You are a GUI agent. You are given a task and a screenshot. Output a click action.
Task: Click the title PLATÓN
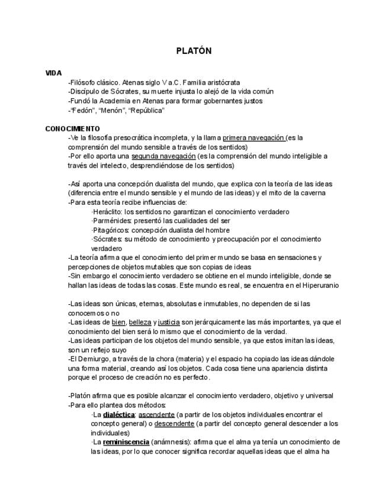(x=194, y=51)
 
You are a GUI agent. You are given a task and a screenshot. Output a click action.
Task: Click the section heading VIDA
(x=53, y=73)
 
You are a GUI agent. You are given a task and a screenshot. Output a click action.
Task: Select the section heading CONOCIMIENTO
(x=72, y=128)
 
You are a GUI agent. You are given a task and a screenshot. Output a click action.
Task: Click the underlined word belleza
(x=140, y=322)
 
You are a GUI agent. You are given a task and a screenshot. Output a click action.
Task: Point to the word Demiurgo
(x=93, y=359)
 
